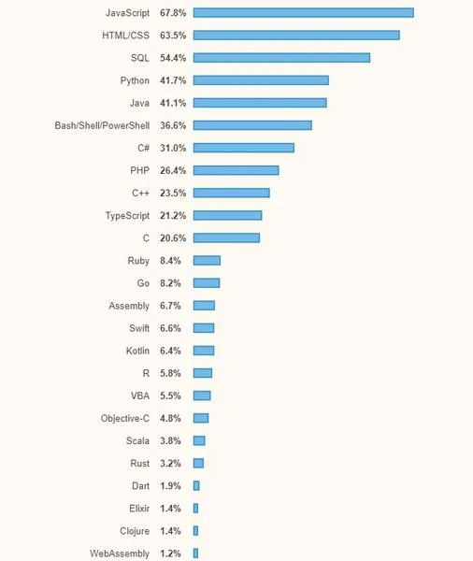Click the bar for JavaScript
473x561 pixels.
[x=304, y=13]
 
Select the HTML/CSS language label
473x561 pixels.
[x=125, y=36]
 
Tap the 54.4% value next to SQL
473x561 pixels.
[x=173, y=58]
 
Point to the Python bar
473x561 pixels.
[x=261, y=80]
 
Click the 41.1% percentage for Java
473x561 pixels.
[x=173, y=103]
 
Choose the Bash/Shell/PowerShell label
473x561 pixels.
[x=102, y=125]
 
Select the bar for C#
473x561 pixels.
[x=244, y=148]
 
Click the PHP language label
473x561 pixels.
[x=139, y=171]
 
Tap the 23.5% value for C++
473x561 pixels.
[x=173, y=194]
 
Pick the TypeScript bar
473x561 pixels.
[x=227, y=215]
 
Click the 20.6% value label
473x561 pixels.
[x=173, y=237]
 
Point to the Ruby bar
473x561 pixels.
[x=207, y=261]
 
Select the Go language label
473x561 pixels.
[x=143, y=283]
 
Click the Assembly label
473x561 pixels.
[x=129, y=306]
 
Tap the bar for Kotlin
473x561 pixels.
[x=204, y=351]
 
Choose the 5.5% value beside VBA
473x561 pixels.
[x=170, y=396]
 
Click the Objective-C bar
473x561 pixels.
[x=201, y=418]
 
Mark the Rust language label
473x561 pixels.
[x=139, y=464]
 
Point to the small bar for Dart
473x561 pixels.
[x=196, y=486]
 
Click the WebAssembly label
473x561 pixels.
[x=120, y=554]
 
